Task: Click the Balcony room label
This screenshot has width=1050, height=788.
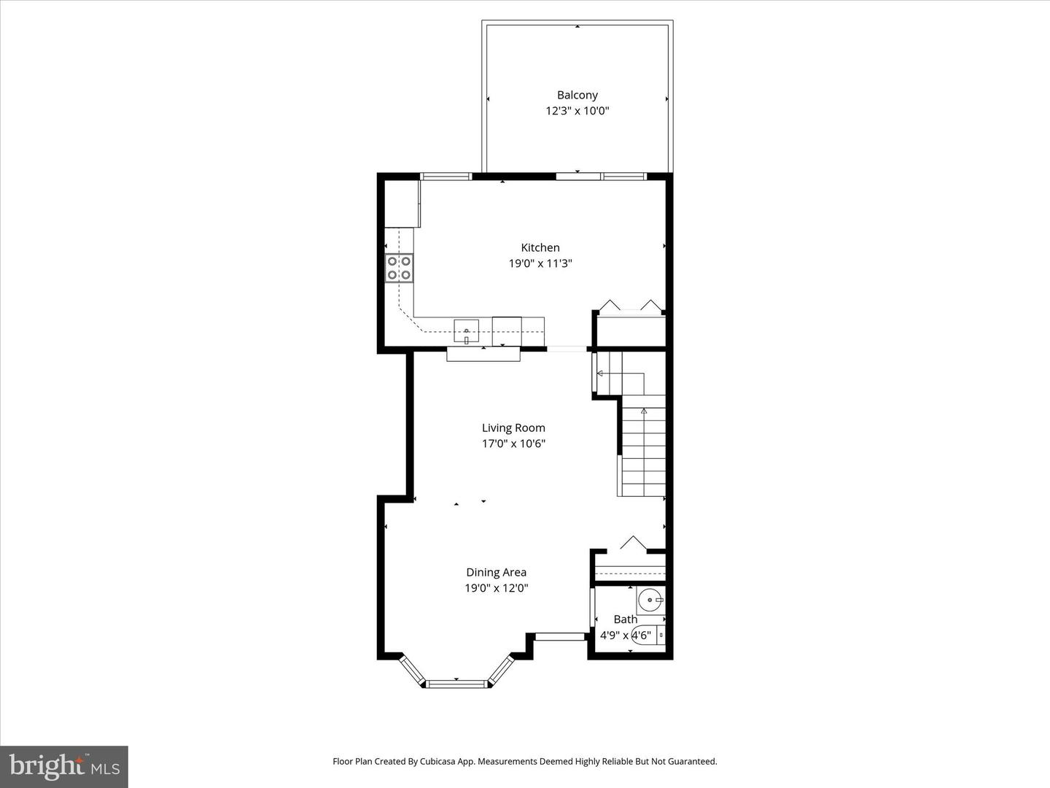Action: [x=577, y=95]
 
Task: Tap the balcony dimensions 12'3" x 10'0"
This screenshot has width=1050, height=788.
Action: [x=577, y=111]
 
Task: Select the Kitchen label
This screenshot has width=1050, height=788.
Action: [x=540, y=247]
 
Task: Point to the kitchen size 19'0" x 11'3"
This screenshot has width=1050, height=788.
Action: [x=540, y=263]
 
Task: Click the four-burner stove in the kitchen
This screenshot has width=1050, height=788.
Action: [x=399, y=268]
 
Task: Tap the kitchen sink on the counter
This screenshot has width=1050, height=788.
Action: [x=466, y=331]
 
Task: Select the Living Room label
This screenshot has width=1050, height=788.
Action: [x=513, y=428]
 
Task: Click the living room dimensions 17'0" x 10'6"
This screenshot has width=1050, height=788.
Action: [x=513, y=444]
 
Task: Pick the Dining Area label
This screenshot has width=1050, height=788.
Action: [x=496, y=572]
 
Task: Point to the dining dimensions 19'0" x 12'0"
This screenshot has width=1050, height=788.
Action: [x=496, y=588]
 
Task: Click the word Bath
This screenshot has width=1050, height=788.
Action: [x=625, y=619]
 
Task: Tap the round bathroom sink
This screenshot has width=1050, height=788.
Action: [x=649, y=600]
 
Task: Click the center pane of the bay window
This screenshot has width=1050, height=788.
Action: [x=456, y=684]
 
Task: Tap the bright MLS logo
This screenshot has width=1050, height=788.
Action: [x=64, y=766]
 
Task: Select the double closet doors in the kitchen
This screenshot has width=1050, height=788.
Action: [x=629, y=306]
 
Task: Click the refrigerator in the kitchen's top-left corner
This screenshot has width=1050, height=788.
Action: [x=402, y=204]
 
